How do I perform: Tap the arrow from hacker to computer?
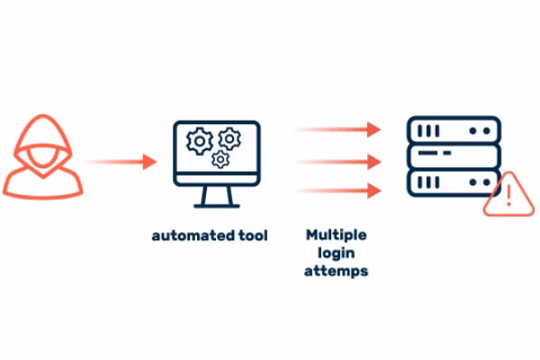(x=121, y=162)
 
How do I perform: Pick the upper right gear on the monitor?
(x=229, y=138)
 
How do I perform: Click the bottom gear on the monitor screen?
(x=219, y=159)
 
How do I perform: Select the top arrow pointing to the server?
(x=338, y=130)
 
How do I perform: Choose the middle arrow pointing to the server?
(x=338, y=162)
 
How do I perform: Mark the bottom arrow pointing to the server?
(x=338, y=191)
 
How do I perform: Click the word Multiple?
(x=336, y=235)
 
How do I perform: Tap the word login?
(x=336, y=252)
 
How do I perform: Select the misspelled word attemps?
(x=336, y=270)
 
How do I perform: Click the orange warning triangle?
(x=508, y=197)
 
